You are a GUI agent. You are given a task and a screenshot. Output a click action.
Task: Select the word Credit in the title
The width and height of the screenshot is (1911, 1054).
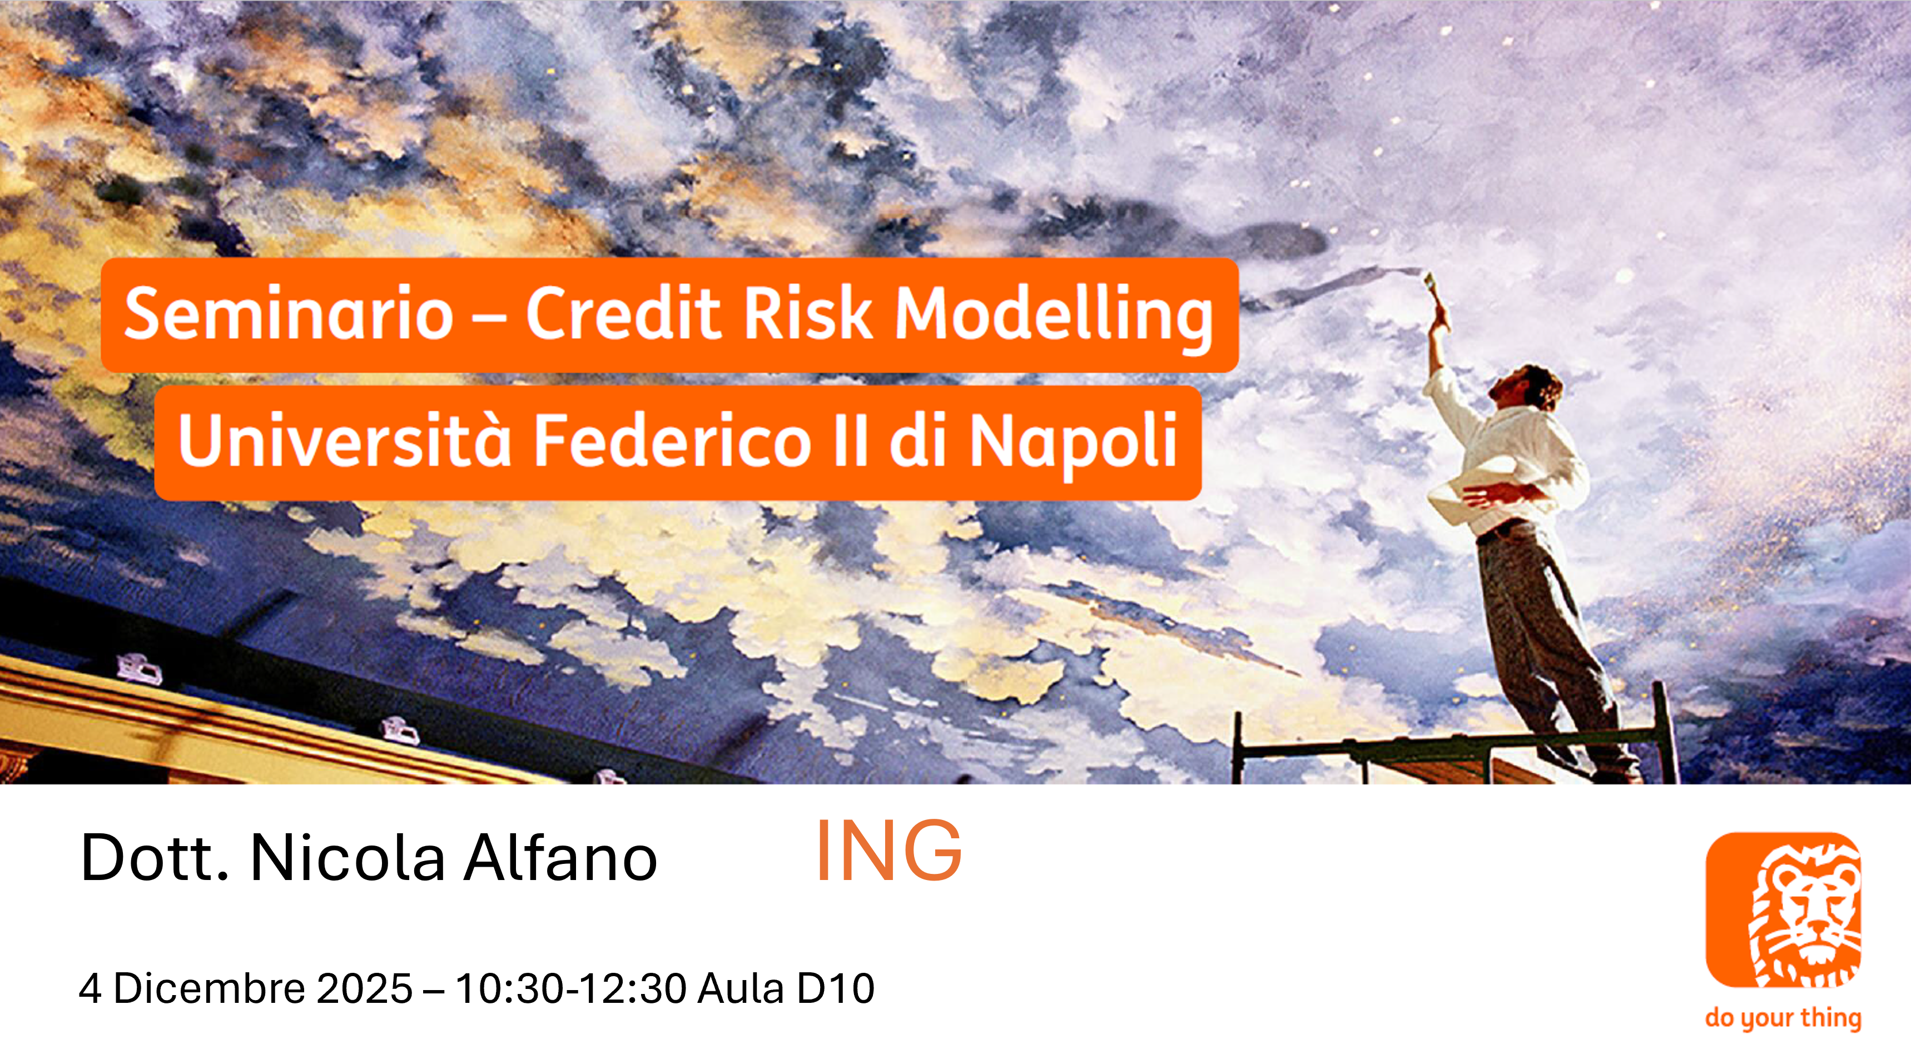(623, 312)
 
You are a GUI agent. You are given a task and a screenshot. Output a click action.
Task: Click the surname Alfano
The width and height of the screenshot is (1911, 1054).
(561, 857)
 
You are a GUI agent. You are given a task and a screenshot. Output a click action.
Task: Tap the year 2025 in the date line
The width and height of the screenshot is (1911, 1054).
(364, 988)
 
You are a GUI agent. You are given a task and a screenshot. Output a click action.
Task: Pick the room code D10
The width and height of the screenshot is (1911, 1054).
(835, 988)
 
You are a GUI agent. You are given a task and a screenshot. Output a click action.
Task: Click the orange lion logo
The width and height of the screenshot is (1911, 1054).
(1784, 910)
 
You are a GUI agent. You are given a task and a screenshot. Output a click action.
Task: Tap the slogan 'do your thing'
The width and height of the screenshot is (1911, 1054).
(1784, 1018)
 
